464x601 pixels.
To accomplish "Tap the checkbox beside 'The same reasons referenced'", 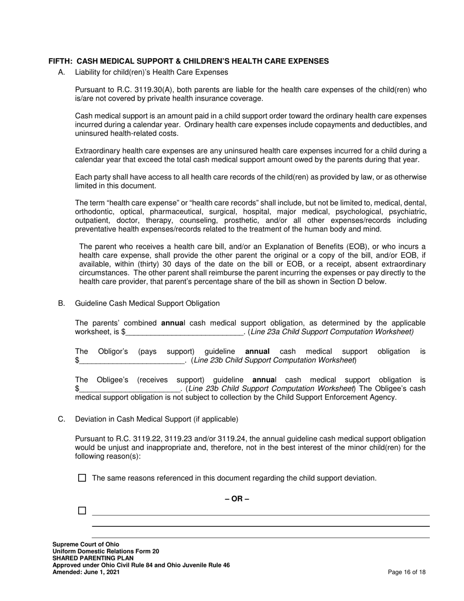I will (82, 478).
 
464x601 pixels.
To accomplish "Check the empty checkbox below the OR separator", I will (82, 511).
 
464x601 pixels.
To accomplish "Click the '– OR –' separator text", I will (237, 499).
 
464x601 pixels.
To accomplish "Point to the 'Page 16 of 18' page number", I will (407, 572).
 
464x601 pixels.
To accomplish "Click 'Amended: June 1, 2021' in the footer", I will (86, 572).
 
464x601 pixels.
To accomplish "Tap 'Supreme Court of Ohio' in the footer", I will (85, 544).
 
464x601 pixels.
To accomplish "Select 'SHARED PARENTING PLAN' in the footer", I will (88, 558).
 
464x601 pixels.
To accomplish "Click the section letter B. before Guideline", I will (62, 303).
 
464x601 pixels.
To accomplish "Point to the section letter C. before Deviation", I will (62, 419).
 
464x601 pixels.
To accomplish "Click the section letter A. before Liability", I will (62, 72).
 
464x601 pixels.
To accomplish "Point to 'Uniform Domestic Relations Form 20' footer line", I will (105, 551).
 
